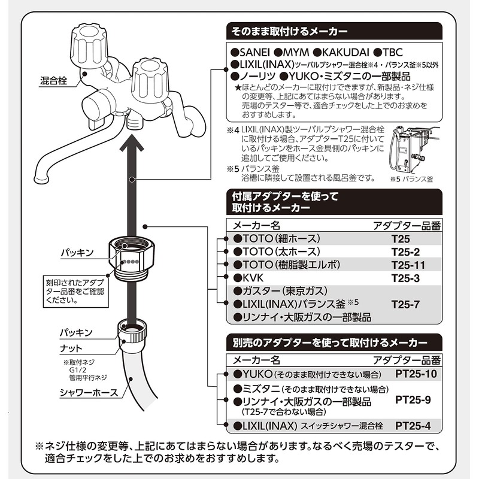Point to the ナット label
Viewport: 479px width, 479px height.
click(x=70, y=347)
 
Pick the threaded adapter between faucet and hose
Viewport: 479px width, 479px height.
click(x=131, y=261)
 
